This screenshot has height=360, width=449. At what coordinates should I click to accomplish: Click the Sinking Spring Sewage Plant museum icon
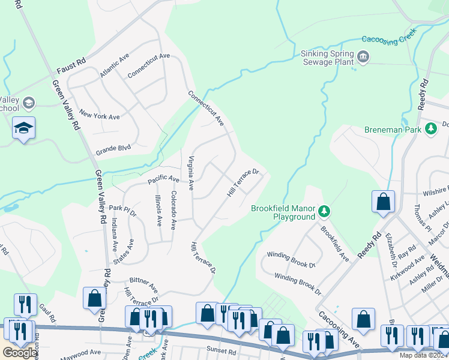pos(363,58)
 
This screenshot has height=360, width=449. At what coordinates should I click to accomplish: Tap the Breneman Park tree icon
pos(430,128)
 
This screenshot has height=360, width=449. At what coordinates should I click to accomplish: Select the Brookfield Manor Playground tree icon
pos(324,211)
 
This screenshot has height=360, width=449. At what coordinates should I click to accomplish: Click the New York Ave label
pos(100,116)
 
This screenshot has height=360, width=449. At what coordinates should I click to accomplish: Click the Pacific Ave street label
pos(164,179)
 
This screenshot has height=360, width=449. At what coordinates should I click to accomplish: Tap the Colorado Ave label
pos(173,210)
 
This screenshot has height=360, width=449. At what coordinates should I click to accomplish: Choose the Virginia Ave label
pos(191,173)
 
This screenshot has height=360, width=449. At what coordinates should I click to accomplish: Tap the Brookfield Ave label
pos(334,244)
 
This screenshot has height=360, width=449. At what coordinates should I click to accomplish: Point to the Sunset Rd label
pos(223,350)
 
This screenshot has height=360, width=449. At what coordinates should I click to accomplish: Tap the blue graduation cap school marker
pos(23,128)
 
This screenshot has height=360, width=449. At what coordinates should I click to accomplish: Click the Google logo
pos(21,353)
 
